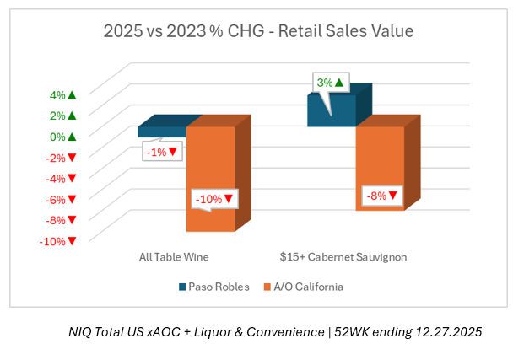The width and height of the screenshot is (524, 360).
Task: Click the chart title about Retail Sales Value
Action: tap(258, 32)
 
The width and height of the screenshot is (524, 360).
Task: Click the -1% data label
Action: tap(160, 152)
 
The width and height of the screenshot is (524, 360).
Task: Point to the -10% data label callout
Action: tap(214, 200)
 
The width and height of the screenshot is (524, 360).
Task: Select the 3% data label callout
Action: tap(330, 83)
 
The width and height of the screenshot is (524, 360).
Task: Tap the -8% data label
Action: tap(381, 196)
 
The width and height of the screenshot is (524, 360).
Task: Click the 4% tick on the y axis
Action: tap(60, 94)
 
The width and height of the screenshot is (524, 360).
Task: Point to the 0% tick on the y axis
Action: tap(60, 137)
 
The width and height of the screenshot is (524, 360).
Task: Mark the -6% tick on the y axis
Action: tap(60, 199)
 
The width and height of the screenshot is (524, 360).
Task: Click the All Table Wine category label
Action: tap(174, 255)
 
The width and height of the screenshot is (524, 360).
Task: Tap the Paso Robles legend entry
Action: tap(214, 287)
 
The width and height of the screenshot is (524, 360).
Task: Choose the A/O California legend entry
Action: tap(304, 287)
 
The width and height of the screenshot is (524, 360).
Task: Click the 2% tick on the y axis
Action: tap(60, 116)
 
